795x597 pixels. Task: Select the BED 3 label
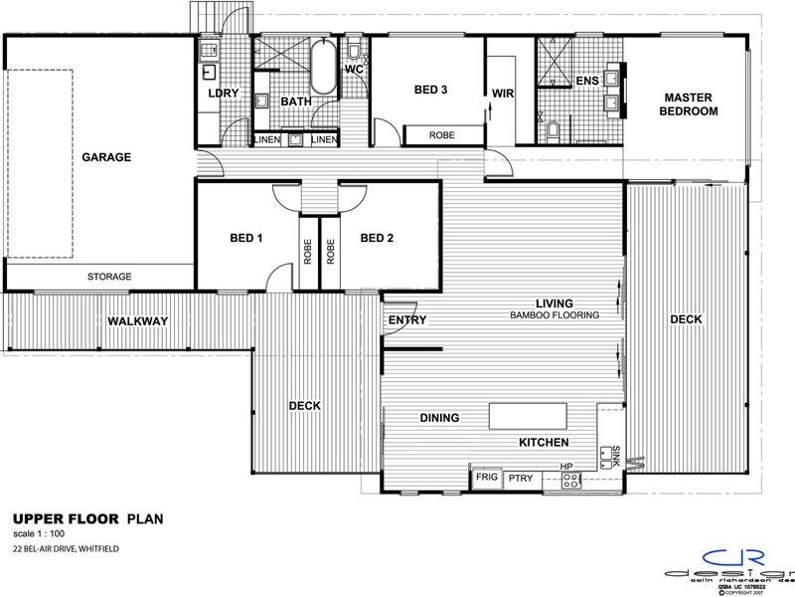tap(430, 90)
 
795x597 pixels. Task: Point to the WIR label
tap(501, 95)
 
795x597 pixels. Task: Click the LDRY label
tap(220, 94)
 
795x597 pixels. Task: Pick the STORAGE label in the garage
tap(109, 276)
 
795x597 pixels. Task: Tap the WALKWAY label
tap(138, 320)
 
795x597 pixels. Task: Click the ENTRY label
tap(407, 320)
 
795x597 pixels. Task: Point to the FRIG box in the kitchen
tap(485, 479)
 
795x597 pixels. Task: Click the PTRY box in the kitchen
tap(521, 479)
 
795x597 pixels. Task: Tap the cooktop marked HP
tap(571, 480)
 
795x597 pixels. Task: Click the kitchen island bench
tap(526, 414)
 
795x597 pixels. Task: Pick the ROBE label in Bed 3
tap(442, 134)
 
